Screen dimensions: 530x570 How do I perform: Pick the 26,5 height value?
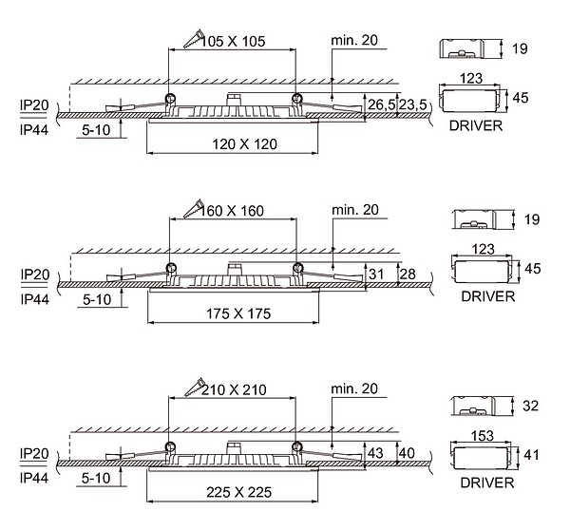(x=382, y=104)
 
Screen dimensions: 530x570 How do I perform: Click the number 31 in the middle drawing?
(x=376, y=274)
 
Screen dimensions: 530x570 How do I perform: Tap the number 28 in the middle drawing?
(x=407, y=274)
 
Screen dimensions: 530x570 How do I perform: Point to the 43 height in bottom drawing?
(x=376, y=453)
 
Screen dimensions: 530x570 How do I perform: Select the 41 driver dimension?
(x=532, y=455)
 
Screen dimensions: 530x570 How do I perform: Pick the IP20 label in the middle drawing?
(x=34, y=274)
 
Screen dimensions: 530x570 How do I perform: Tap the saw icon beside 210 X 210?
(x=194, y=388)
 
